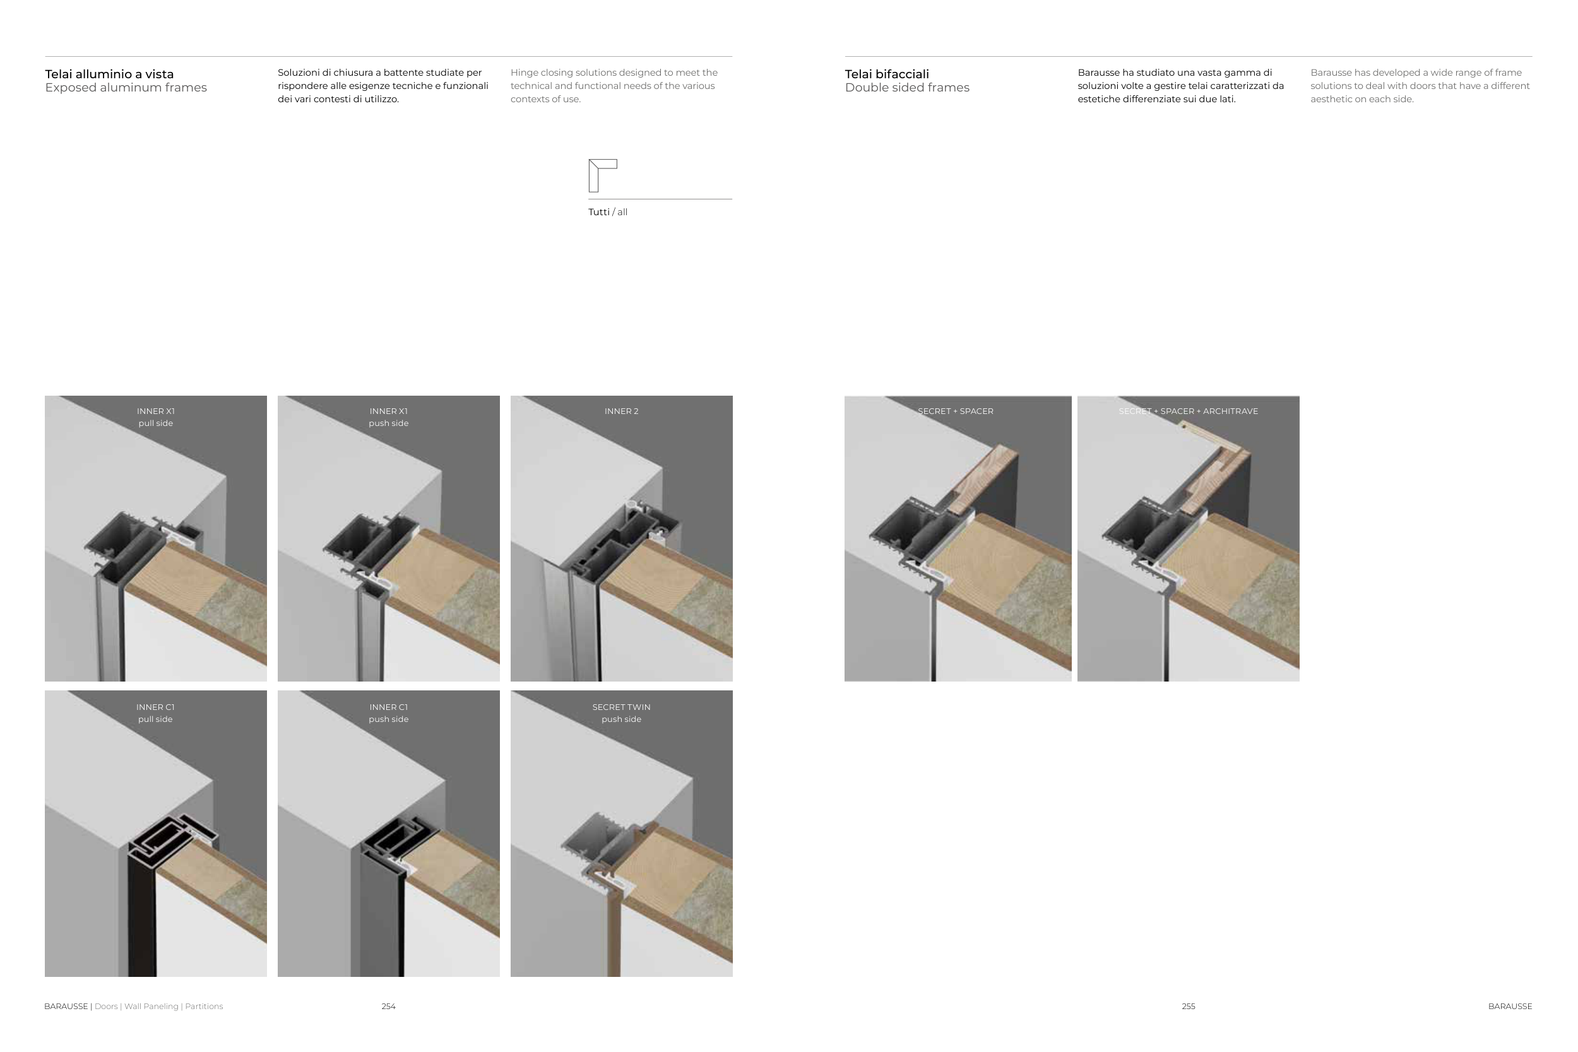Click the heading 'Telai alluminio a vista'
click(x=109, y=74)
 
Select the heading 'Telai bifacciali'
click(x=887, y=74)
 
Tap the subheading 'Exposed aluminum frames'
click(x=126, y=88)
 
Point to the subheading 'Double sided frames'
click(x=907, y=88)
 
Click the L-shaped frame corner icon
click(x=594, y=176)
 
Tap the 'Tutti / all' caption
click(x=608, y=212)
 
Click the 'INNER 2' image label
click(x=621, y=411)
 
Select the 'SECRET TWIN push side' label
click(x=621, y=713)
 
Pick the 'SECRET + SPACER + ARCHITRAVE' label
click(x=1188, y=411)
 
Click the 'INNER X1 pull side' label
click(x=156, y=417)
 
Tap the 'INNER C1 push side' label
click(x=388, y=713)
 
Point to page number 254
click(x=388, y=1007)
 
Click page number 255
click(x=1188, y=1007)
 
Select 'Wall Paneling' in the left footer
click(x=151, y=1007)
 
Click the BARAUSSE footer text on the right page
click(x=1510, y=1007)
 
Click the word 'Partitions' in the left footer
click(x=204, y=1007)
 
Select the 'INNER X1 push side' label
click(x=388, y=417)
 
